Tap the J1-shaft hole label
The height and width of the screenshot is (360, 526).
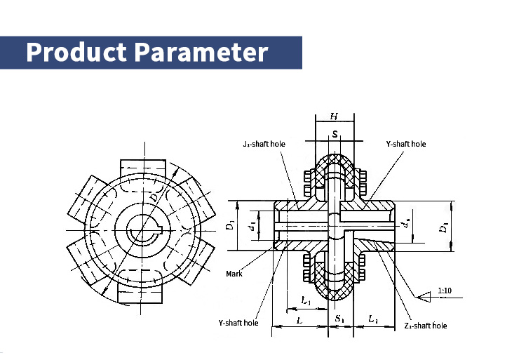tap(259, 144)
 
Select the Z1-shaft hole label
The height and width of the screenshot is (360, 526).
tap(425, 326)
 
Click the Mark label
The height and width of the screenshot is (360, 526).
tap(234, 274)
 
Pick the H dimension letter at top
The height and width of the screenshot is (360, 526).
tap(335, 116)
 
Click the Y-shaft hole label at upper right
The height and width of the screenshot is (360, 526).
tap(405, 144)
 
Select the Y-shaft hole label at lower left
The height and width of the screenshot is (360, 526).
tap(238, 323)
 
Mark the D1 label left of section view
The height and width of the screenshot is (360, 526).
tap(229, 226)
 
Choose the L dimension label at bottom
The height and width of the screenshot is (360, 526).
tap(299, 319)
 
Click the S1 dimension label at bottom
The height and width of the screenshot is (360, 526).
tap(339, 319)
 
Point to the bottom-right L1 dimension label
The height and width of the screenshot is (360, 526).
tap(373, 319)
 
